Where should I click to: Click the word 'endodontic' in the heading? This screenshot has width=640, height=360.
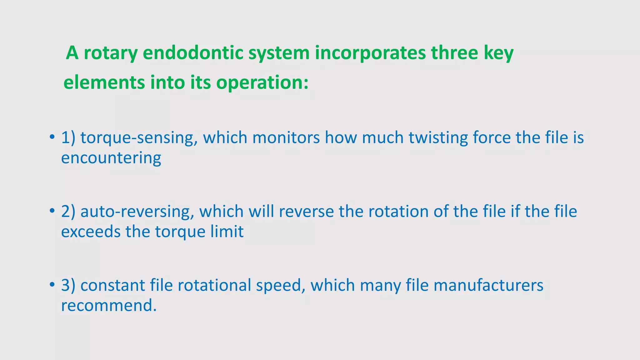(193, 53)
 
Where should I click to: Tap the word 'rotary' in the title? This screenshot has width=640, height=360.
(111, 53)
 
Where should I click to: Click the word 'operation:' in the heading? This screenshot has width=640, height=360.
(262, 83)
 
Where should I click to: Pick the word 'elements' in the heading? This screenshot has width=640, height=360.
(104, 83)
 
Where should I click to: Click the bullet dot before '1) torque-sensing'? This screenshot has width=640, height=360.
(52, 137)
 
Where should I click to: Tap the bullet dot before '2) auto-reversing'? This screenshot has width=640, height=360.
(52, 211)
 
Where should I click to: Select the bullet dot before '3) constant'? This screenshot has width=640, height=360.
(52, 285)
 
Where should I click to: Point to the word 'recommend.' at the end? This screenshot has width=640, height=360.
(108, 306)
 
